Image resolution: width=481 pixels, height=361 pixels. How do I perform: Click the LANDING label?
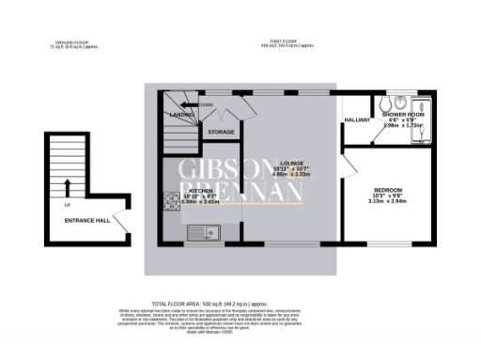coord(181,115)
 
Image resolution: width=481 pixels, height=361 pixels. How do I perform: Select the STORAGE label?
coord(220,132)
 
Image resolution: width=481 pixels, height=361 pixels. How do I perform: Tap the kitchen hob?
coord(171,200)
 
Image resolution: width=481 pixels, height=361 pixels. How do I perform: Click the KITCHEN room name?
coord(201,189)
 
